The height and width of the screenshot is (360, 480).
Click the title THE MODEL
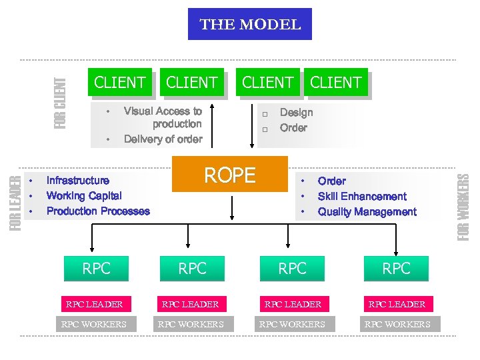tap(250, 25)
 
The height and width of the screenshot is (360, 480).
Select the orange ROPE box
tap(229, 175)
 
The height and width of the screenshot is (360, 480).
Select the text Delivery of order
tap(163, 139)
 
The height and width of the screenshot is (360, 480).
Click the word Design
tap(296, 112)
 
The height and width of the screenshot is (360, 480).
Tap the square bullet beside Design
tap(264, 113)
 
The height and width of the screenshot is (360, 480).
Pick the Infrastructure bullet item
tap(78, 181)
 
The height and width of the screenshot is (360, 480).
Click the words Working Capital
tap(84, 196)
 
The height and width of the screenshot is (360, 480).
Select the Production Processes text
tap(98, 211)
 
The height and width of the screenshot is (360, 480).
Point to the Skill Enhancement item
tap(361, 196)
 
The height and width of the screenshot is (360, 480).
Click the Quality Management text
tap(367, 212)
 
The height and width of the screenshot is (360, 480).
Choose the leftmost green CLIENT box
tap(120, 83)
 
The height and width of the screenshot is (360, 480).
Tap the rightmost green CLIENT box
tap(336, 83)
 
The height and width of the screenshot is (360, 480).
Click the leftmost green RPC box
tap(97, 269)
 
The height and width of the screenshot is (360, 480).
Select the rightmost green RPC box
tap(396, 269)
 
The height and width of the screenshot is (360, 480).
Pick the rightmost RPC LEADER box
tap(397, 304)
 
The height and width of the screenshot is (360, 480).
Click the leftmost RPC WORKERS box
tap(93, 325)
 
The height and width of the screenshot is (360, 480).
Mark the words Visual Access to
tap(163, 111)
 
